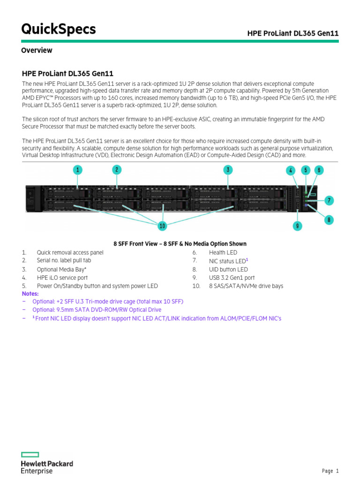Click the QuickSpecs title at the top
click(x=59, y=29)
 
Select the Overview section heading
click(x=37, y=50)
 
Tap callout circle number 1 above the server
click(x=78, y=169)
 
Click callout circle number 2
click(x=117, y=169)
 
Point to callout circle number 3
click(x=228, y=170)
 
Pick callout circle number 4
click(x=291, y=170)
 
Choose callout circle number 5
click(x=306, y=170)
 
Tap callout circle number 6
click(x=319, y=170)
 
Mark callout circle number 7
click(x=330, y=201)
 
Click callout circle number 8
click(x=329, y=219)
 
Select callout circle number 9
click(x=297, y=226)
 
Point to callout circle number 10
click(x=162, y=226)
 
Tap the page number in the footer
click(x=330, y=471)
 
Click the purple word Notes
click(x=30, y=293)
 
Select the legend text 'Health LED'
click(x=223, y=252)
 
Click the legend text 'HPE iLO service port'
click(x=62, y=277)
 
